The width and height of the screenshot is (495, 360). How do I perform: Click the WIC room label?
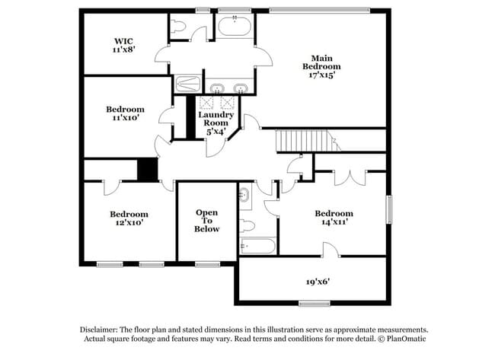point(125,40)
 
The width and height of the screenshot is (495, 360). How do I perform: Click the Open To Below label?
point(207,220)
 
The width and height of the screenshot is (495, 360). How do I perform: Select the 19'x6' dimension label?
point(318,281)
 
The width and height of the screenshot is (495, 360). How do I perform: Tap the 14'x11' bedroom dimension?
point(334,223)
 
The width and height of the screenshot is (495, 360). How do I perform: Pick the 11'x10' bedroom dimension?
point(125,119)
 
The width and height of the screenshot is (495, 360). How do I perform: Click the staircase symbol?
point(305,140)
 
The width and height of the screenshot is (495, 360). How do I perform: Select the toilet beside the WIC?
point(178,27)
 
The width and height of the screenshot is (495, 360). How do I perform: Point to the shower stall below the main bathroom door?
point(187,84)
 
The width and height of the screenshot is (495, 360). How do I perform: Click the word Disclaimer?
point(101,330)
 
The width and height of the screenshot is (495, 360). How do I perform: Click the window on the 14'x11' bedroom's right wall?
point(388,209)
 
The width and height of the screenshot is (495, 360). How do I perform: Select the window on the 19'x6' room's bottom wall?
point(314,303)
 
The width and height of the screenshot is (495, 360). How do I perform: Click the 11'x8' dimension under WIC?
point(125,50)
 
